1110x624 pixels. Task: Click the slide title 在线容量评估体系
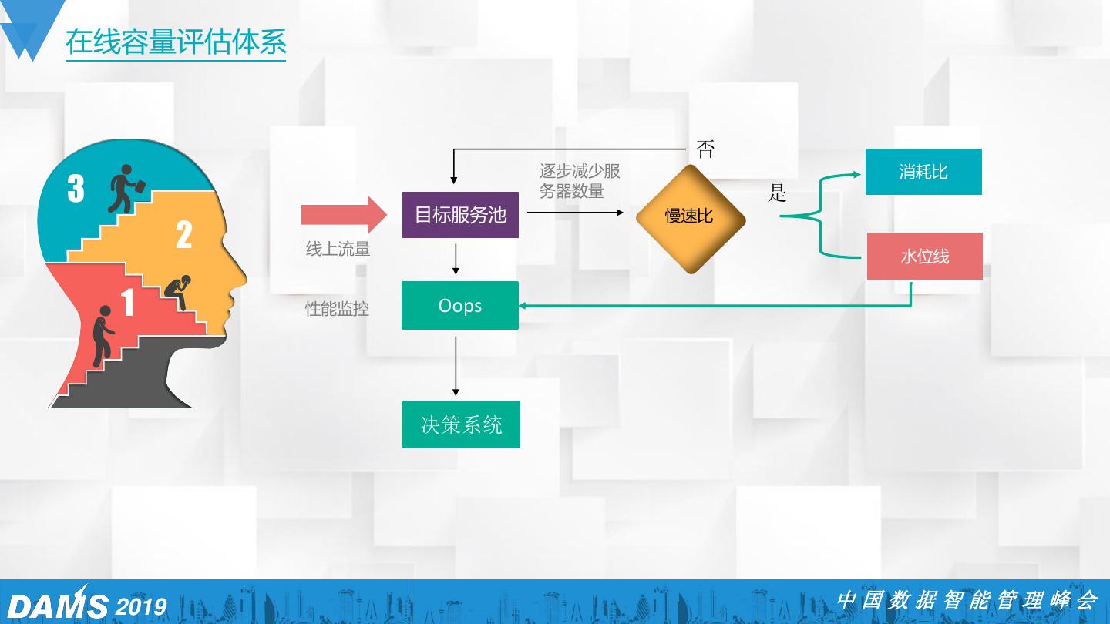pyautogui.click(x=176, y=42)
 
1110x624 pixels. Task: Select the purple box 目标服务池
pyautogui.click(x=461, y=214)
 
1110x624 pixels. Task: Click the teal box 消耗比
pyautogui.click(x=923, y=172)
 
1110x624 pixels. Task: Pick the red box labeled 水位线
pyautogui.click(x=925, y=257)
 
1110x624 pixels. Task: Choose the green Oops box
pyautogui.click(x=460, y=306)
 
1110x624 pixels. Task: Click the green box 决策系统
pyautogui.click(x=461, y=424)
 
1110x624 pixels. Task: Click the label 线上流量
pyautogui.click(x=338, y=249)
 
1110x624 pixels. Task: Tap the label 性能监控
pyautogui.click(x=338, y=309)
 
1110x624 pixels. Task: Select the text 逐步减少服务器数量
pyautogui.click(x=580, y=181)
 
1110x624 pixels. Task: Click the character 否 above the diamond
pyautogui.click(x=705, y=149)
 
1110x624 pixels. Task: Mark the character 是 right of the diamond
pyautogui.click(x=777, y=193)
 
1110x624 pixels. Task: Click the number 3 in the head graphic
pyautogui.click(x=76, y=189)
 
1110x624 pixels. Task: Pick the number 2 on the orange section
pyautogui.click(x=183, y=235)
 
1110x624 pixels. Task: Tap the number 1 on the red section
pyautogui.click(x=127, y=303)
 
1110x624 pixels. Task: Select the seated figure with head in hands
pyautogui.click(x=179, y=292)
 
